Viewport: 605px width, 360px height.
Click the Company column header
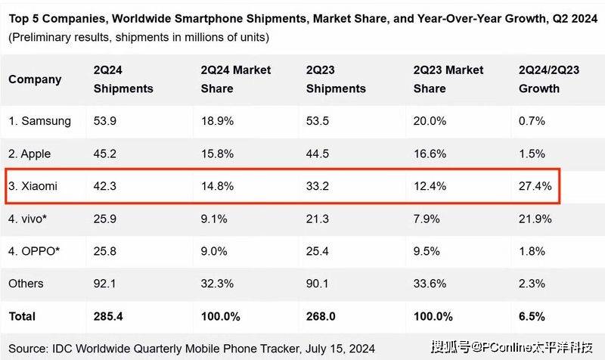pyautogui.click(x=35, y=79)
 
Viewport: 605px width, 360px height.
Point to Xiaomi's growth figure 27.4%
pyautogui.click(x=535, y=186)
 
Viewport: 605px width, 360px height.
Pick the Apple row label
pyautogui.click(x=30, y=154)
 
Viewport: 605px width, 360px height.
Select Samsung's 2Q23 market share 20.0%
pyautogui.click(x=428, y=121)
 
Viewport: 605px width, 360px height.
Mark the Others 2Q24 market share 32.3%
pyautogui.click(x=217, y=284)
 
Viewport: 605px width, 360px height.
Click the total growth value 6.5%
pyautogui.click(x=532, y=315)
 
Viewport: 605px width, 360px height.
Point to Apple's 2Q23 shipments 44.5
pyautogui.click(x=318, y=154)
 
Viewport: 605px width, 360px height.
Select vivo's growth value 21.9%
pyautogui.click(x=535, y=219)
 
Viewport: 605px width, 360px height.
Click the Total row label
pyautogui.click(x=23, y=315)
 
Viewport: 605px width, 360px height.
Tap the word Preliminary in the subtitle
pyautogui.click(x=45, y=36)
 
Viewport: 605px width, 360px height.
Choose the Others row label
pyautogui.click(x=26, y=284)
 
